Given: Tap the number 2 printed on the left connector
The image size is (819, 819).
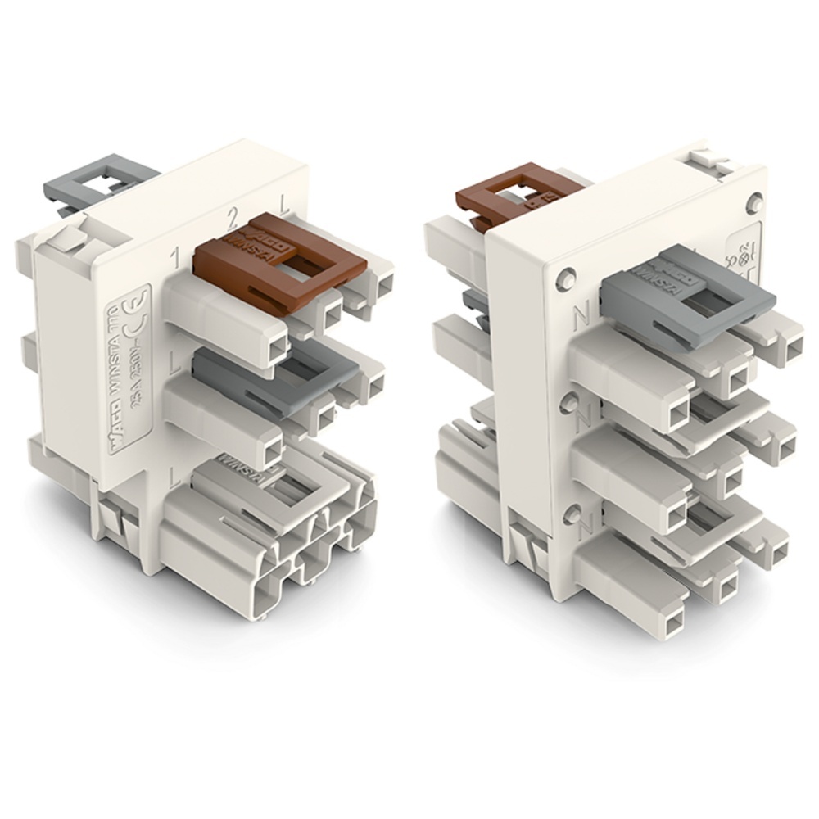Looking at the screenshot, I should tap(233, 217).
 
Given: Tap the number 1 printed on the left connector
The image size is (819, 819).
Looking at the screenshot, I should tap(174, 260).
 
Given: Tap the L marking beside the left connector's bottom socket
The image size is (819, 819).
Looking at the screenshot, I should tap(174, 474).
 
